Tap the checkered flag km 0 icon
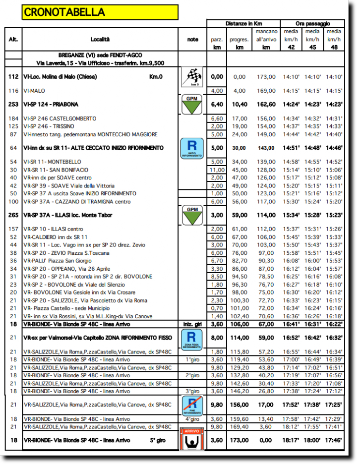(x=192, y=77)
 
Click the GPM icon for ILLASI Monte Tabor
(x=192, y=215)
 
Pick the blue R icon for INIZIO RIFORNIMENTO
(x=192, y=148)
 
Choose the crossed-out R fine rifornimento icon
(x=192, y=405)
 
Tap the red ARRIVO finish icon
(x=192, y=440)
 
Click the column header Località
(x=100, y=39)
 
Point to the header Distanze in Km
(x=243, y=23)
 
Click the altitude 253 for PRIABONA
(x=13, y=105)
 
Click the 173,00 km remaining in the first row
(x=266, y=77)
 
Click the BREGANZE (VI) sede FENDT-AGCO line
(x=100, y=55)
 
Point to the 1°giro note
(x=192, y=359)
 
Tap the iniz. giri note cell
(x=192, y=325)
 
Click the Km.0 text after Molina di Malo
(x=156, y=77)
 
